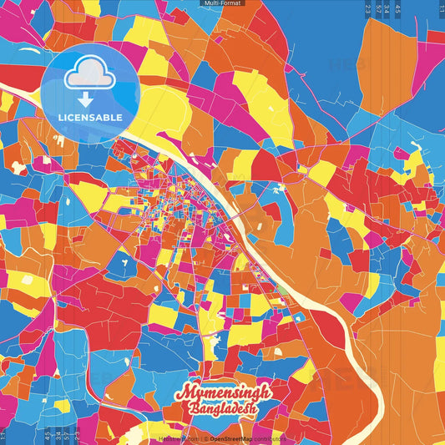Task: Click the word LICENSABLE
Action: point(90,118)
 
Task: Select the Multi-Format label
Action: point(222,3)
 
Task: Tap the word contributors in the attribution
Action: point(269,438)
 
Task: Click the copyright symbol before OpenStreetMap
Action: point(205,438)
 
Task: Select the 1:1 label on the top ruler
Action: point(440,8)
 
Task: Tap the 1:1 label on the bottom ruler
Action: point(3,437)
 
